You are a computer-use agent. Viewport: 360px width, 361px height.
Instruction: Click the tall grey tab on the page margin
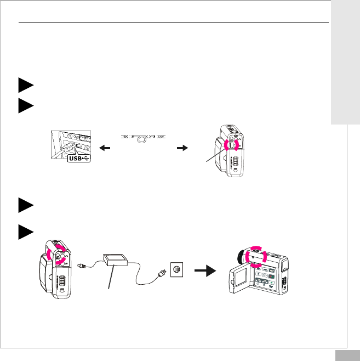point(345,63)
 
